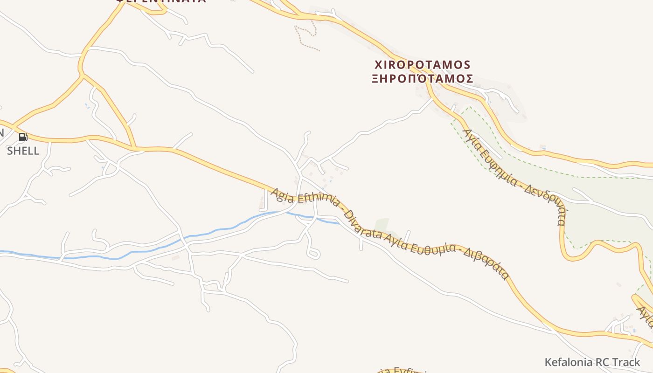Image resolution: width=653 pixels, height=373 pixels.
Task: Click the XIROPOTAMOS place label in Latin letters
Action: tap(423, 64)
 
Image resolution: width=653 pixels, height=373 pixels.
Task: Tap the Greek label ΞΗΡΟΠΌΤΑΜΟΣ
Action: tap(423, 78)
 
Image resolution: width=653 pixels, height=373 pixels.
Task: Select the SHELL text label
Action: tap(23, 151)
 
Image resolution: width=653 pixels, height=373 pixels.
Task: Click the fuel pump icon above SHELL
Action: tap(23, 137)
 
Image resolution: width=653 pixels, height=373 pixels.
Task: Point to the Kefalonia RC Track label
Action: tap(592, 362)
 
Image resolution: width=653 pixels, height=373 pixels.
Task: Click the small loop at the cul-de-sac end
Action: tap(313, 254)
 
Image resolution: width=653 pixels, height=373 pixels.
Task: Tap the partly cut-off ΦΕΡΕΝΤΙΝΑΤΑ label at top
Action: tap(160, 1)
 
